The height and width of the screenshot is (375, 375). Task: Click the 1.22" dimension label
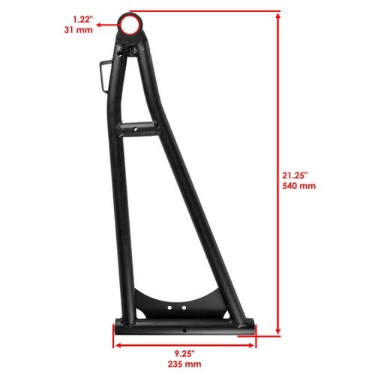(82, 19)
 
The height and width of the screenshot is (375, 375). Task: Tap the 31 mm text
(79, 30)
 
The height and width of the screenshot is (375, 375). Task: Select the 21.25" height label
(295, 175)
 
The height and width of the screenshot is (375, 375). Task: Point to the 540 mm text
(299, 186)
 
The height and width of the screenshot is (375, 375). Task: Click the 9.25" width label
(184, 353)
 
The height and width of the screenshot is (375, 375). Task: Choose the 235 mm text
(184, 364)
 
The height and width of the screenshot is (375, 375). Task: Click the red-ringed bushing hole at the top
(130, 25)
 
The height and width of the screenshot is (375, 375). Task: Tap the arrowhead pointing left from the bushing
(99, 25)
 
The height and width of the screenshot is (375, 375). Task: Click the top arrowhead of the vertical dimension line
(277, 16)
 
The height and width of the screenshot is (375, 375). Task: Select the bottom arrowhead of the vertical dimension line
(277, 331)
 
